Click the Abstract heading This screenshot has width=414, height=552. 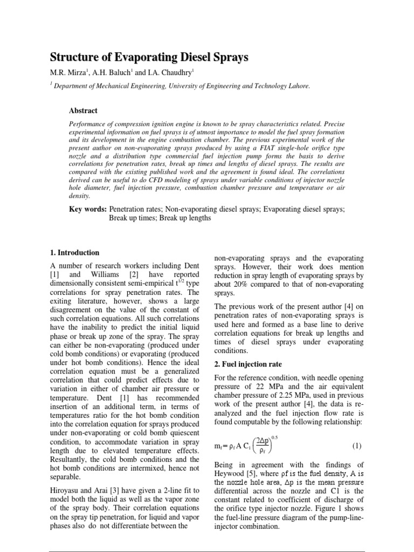83,111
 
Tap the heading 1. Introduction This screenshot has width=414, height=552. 74,252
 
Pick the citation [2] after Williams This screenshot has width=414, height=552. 128,275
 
